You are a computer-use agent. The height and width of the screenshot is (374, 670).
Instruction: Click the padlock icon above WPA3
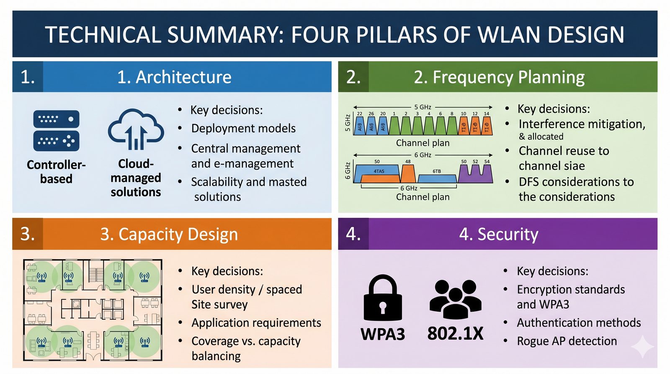[x=383, y=299]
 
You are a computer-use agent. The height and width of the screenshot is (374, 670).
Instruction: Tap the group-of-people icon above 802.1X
[x=455, y=298]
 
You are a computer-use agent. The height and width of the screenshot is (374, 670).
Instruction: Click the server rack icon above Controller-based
[x=56, y=130]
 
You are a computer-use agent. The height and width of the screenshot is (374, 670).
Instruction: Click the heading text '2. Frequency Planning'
[x=499, y=77]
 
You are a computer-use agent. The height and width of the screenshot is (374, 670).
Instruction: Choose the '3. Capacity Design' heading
[x=169, y=234]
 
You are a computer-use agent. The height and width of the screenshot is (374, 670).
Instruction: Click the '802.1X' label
[x=455, y=334]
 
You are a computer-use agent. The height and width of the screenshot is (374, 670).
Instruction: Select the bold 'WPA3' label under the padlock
[x=383, y=334]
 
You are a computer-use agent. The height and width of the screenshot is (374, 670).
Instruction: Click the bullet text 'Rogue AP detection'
[x=567, y=341]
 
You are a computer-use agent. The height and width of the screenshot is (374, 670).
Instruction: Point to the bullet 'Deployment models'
[x=243, y=128]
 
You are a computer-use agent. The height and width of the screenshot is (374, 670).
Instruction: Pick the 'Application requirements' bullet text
[x=256, y=322]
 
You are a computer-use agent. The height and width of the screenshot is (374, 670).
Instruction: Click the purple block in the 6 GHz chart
[x=475, y=174]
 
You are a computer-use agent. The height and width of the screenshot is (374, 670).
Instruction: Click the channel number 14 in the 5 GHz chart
[x=486, y=113]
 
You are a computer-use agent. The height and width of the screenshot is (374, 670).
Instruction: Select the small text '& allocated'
[x=541, y=137]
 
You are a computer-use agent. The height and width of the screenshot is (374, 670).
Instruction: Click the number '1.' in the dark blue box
[x=28, y=77]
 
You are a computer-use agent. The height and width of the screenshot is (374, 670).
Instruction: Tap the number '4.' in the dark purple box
[x=353, y=234]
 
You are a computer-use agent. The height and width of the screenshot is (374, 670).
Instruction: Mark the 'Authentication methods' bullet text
[x=579, y=322]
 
